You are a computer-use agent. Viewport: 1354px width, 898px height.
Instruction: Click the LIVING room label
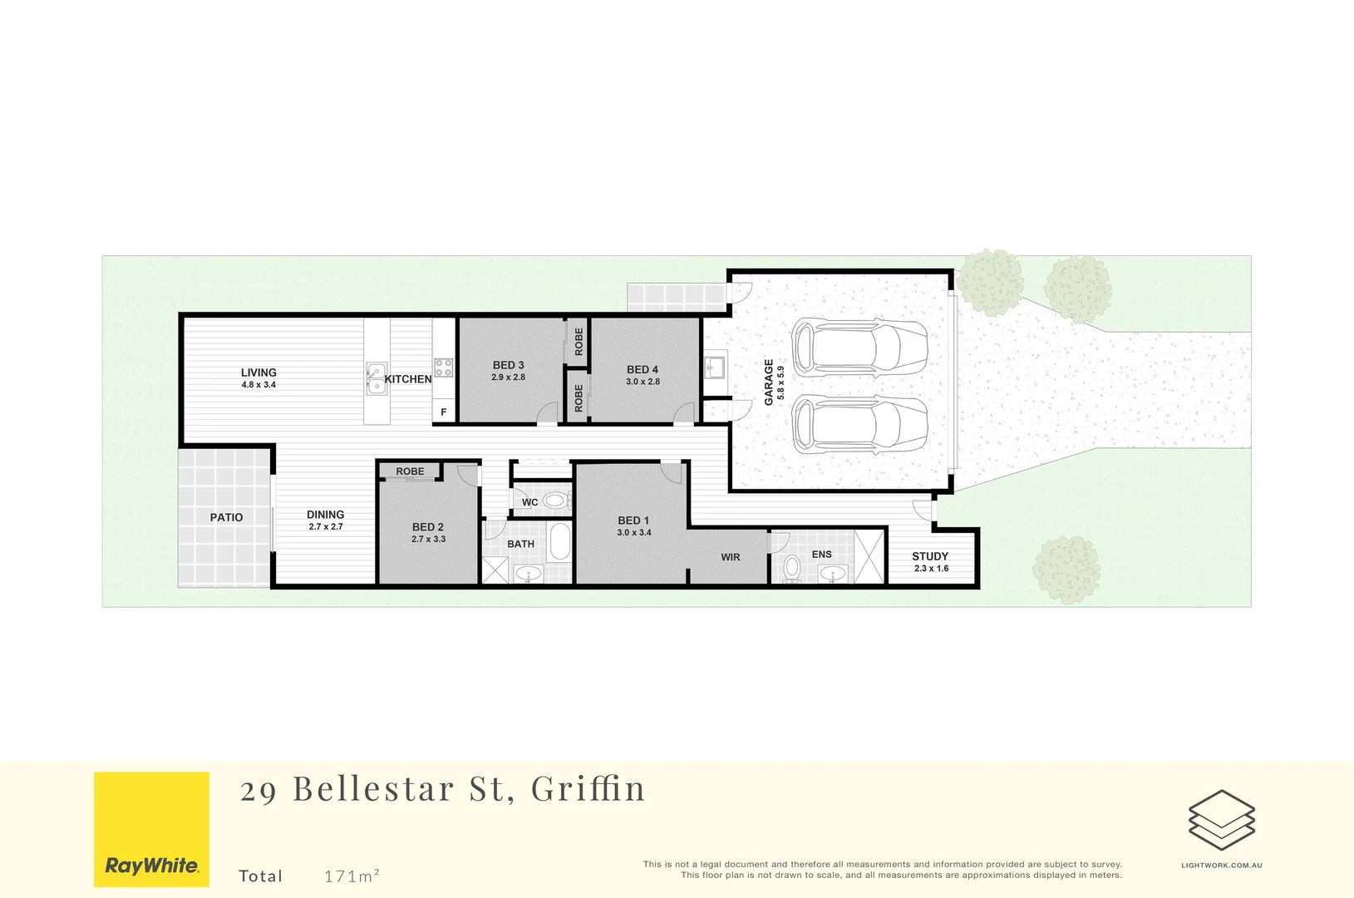tap(258, 373)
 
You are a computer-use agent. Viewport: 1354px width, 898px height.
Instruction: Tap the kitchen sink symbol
tap(376, 378)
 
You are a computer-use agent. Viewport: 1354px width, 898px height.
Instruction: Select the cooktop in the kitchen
tap(444, 367)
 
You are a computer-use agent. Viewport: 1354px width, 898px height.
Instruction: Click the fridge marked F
tap(444, 412)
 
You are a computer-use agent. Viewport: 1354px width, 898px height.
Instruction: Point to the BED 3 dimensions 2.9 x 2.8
tap(508, 377)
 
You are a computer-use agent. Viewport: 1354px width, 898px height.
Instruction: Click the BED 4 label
tap(643, 369)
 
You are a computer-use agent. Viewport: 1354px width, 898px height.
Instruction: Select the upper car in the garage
tap(859, 347)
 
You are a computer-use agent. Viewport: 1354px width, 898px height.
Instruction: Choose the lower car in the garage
tap(859, 424)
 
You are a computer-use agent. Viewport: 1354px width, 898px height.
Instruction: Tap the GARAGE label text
tap(769, 382)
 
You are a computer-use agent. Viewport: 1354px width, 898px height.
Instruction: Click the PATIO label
tap(226, 517)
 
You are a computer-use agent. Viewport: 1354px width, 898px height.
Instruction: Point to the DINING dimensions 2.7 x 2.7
tap(326, 527)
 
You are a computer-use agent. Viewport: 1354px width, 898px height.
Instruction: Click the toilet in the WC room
tap(556, 501)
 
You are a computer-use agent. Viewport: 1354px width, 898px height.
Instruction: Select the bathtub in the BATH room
tap(560, 541)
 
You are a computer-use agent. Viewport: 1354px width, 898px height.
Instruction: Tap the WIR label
tap(731, 557)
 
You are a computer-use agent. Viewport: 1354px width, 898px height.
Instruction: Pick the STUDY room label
tap(930, 556)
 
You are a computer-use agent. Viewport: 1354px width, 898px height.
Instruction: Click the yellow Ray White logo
tap(151, 829)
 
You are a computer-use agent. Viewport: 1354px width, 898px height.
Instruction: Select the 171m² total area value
tap(352, 876)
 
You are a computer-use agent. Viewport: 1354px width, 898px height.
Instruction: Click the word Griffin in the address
tap(588, 788)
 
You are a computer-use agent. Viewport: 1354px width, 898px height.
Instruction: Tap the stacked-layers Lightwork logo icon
tap(1221, 820)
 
